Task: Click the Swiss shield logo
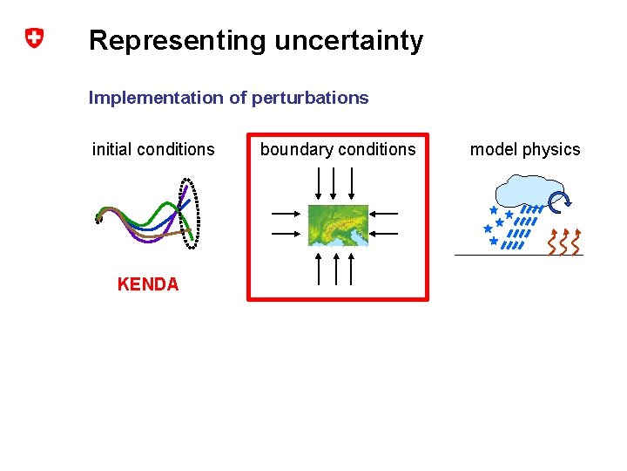pos(33,38)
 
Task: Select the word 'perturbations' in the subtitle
pos(310,98)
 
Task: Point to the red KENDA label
pos(148,284)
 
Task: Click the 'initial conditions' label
pos(153,149)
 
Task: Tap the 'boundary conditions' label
pos(338,149)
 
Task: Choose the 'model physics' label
pos(525,149)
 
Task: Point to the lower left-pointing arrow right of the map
pos(384,234)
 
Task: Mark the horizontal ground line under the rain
pos(518,255)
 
